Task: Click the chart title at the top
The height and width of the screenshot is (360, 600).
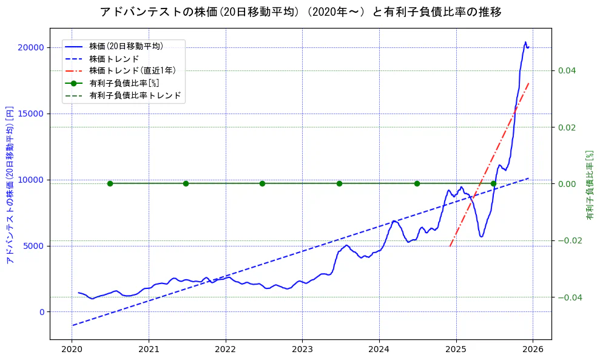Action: coord(300,12)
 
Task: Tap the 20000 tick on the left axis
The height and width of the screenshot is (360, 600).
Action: coord(32,47)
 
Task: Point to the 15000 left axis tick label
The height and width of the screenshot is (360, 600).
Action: coord(32,114)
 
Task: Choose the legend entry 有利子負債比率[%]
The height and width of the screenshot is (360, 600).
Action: coord(124,83)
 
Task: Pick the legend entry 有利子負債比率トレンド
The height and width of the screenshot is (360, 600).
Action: coord(135,95)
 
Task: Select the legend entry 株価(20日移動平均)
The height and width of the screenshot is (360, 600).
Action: coord(126,46)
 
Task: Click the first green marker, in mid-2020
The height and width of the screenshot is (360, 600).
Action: coord(110,183)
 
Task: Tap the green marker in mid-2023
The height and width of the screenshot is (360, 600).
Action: coord(339,183)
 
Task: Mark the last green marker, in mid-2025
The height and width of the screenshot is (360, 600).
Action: coord(493,183)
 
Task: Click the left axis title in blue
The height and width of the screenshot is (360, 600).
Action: coord(10,185)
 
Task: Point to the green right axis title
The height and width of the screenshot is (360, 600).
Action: coord(589,185)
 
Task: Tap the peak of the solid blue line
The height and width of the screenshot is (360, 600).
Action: coord(525,42)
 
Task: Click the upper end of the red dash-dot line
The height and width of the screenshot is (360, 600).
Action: coord(529,83)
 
